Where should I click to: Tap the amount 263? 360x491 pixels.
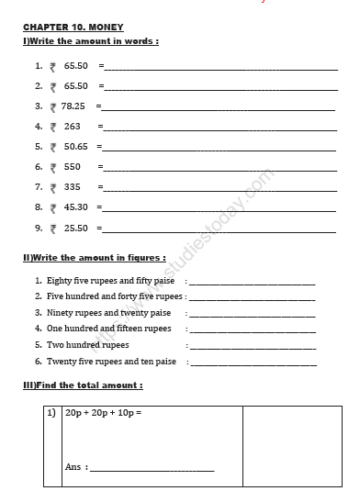73,127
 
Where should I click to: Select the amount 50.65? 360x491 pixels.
75,147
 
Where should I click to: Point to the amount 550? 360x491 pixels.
73,167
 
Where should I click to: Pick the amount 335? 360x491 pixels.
73,187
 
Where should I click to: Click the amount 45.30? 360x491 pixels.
75,207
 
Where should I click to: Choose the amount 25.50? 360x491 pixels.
75,228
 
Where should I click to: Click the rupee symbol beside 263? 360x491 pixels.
53,128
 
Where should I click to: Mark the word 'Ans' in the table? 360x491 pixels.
74,467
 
